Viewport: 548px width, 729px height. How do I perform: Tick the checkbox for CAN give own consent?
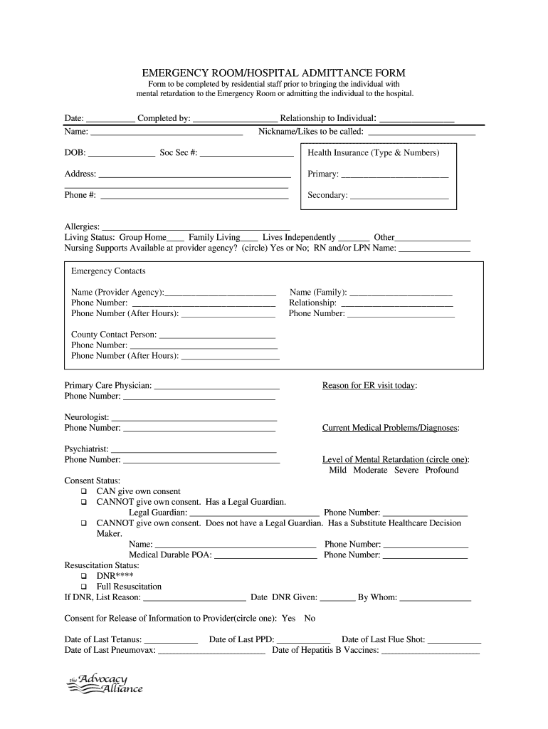pyautogui.click(x=84, y=492)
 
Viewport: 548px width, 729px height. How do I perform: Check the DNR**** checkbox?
pyautogui.click(x=84, y=576)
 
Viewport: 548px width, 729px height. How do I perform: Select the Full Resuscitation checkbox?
pyautogui.click(x=84, y=587)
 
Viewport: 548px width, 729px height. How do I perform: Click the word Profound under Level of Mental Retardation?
pyautogui.click(x=442, y=471)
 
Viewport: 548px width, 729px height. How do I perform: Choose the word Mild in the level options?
pyautogui.click(x=337, y=471)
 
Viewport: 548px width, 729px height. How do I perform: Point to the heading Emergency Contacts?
pyautogui.click(x=108, y=271)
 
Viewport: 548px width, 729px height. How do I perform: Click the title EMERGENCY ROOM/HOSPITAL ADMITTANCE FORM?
pyautogui.click(x=274, y=73)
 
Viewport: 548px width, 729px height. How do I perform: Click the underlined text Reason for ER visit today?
pyautogui.click(x=369, y=386)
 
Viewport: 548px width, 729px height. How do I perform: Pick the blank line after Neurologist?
pyautogui.click(x=194, y=418)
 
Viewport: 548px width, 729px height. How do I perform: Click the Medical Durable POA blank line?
pyautogui.click(x=265, y=556)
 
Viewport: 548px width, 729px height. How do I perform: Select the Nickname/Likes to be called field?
pyautogui.click(x=421, y=132)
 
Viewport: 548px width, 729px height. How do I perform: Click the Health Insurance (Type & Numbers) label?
pyautogui.click(x=373, y=153)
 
